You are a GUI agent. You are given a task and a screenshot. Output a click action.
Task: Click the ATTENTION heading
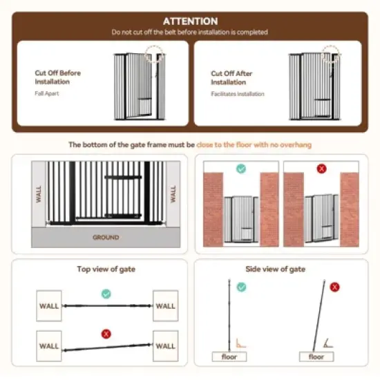[x=189, y=21]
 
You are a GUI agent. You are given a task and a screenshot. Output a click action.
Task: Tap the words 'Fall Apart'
[x=47, y=93]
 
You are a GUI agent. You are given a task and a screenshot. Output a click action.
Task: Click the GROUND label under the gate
[x=106, y=237]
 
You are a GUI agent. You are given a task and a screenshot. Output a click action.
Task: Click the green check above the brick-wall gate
[x=240, y=168]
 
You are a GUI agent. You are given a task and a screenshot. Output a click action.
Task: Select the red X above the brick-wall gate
[x=321, y=168]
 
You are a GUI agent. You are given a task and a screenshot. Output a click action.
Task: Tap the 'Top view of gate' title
[x=106, y=269]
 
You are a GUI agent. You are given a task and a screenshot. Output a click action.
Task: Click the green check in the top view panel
[x=106, y=294]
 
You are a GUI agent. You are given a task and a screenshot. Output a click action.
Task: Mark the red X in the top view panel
[x=106, y=333]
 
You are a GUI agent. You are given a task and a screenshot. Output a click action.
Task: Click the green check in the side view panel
[x=241, y=286]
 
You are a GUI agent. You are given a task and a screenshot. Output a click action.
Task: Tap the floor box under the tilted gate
[x=316, y=357]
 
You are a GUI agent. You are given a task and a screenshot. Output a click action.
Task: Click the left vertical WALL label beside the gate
[x=39, y=194]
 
